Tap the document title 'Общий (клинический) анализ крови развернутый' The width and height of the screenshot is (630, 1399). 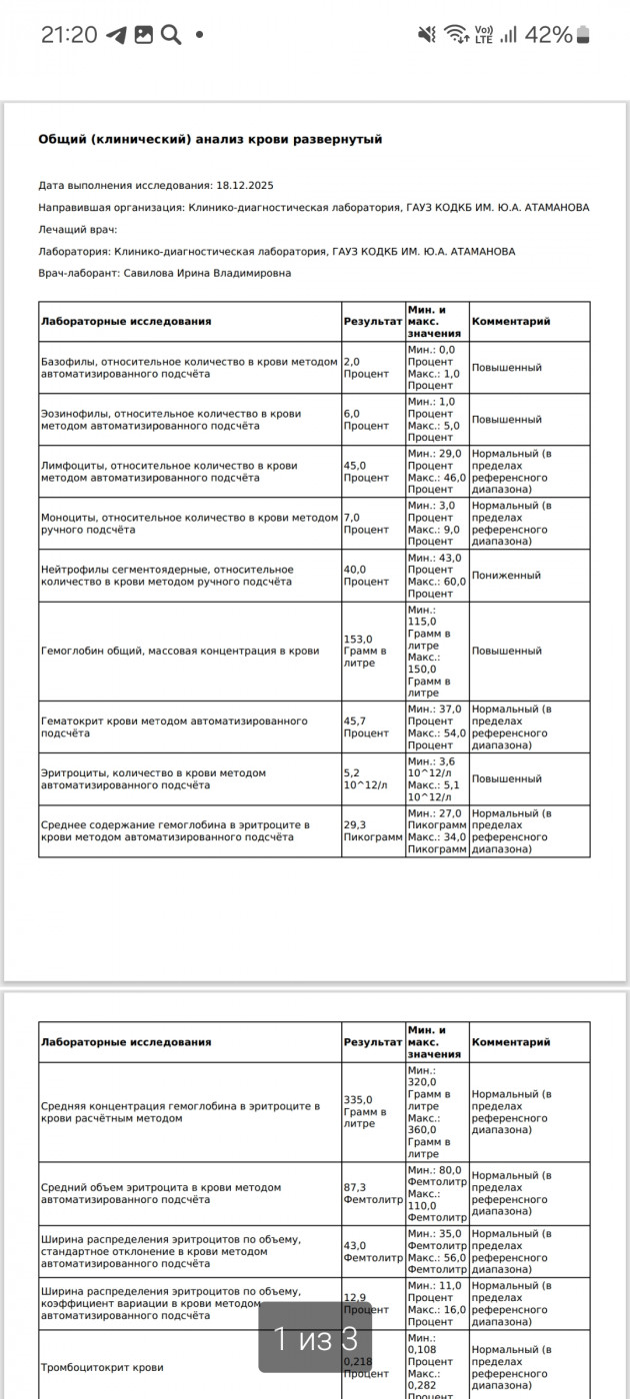(x=210, y=140)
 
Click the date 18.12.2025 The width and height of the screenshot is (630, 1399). (x=245, y=186)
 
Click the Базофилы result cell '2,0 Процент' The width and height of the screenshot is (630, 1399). (x=366, y=368)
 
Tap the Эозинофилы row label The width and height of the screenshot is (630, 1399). (x=170, y=420)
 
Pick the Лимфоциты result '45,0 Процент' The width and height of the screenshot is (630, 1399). (x=366, y=472)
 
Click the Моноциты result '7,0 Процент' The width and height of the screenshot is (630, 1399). (x=366, y=524)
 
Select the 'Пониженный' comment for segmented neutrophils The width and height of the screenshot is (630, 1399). (x=506, y=576)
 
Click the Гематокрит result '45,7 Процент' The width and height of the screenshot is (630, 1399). (x=366, y=726)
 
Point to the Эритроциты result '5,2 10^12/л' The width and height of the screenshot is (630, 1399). (x=366, y=778)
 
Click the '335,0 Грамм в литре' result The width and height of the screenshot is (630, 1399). (x=366, y=1111)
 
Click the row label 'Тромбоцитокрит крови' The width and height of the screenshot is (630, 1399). (x=102, y=1367)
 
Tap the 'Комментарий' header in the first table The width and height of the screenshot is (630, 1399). (x=511, y=322)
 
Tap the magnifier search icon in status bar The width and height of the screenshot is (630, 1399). (x=171, y=35)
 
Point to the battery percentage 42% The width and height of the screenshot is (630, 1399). (x=548, y=35)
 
